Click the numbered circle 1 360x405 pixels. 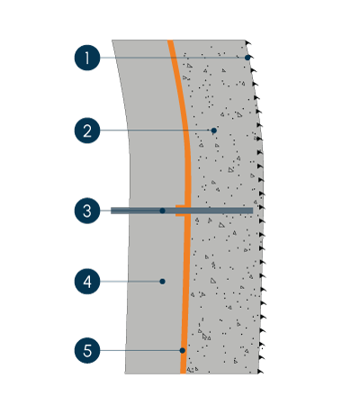pos(87,58)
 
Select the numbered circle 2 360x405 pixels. pos(87,130)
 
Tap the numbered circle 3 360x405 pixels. pos(87,211)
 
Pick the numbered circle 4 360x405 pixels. pos(87,282)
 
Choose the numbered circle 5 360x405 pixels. pos(87,350)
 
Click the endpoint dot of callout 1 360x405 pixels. pos(247,58)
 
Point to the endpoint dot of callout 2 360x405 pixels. pos(213,130)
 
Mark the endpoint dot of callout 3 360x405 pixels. pos(162,211)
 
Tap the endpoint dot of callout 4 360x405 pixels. pos(162,282)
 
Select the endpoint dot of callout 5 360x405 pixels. pos(183,350)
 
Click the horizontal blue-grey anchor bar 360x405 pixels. pos(182,211)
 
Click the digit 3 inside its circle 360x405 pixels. pos(87,211)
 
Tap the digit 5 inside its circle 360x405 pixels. pos(87,350)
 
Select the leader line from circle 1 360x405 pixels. pos(173,58)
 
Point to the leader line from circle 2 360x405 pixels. pos(156,130)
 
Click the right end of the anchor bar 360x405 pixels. pos(253,211)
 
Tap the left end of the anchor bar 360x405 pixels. pos(111,211)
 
